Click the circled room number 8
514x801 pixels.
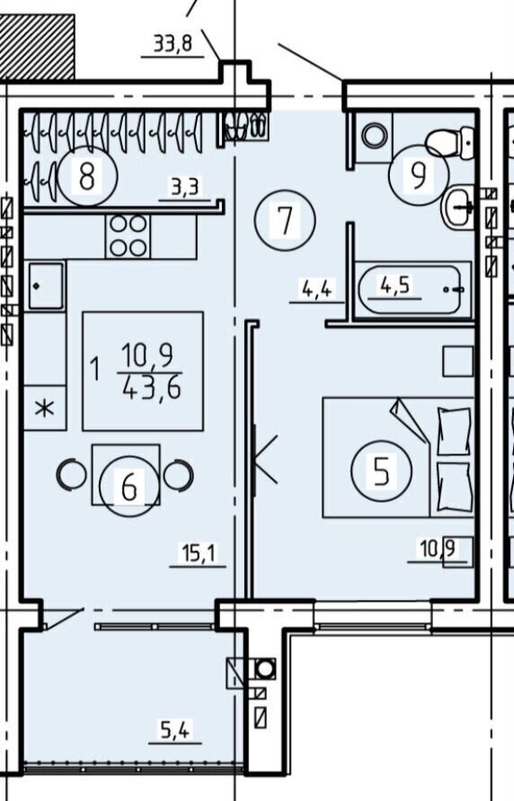click(x=87, y=175)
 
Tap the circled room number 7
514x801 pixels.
click(x=285, y=220)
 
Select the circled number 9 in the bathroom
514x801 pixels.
click(x=419, y=175)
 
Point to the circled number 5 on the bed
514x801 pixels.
click(x=382, y=470)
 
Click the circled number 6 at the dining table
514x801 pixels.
click(x=129, y=487)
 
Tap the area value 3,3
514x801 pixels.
click(x=184, y=189)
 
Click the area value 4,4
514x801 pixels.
click(x=316, y=289)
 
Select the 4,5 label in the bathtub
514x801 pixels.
click(x=394, y=285)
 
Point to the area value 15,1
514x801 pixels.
click(x=199, y=553)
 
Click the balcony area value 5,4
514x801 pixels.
click(x=175, y=730)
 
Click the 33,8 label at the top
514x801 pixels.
click(x=173, y=44)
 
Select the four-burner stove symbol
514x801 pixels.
click(x=128, y=236)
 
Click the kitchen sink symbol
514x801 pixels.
click(x=46, y=286)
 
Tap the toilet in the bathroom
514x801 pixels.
click(x=449, y=140)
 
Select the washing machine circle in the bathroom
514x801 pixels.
click(x=375, y=136)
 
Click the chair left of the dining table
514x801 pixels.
click(x=71, y=475)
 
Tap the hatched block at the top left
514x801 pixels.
click(x=38, y=47)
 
